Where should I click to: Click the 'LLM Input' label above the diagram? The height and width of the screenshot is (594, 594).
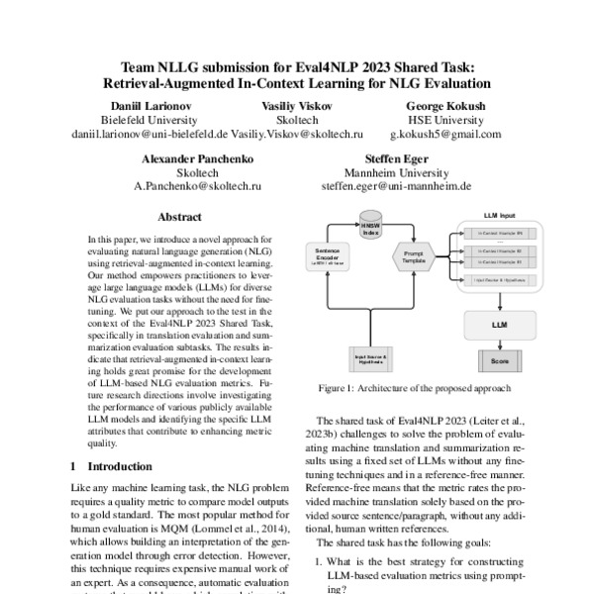click(498, 214)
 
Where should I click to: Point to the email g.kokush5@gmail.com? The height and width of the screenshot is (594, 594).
click(445, 134)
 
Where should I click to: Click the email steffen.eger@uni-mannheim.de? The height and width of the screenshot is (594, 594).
click(396, 185)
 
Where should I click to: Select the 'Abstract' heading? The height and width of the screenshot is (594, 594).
click(179, 217)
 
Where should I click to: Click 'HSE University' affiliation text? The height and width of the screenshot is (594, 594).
click(445, 119)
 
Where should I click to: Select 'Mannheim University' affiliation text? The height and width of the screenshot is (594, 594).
click(396, 170)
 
